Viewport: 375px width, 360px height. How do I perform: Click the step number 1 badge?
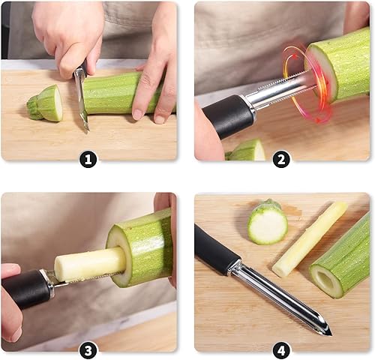coord(88,159)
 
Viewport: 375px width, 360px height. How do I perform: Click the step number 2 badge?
coord(281,159)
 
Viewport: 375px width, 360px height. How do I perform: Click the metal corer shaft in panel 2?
coord(277,96)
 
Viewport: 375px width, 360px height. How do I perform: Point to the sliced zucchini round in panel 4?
coord(268,223)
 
